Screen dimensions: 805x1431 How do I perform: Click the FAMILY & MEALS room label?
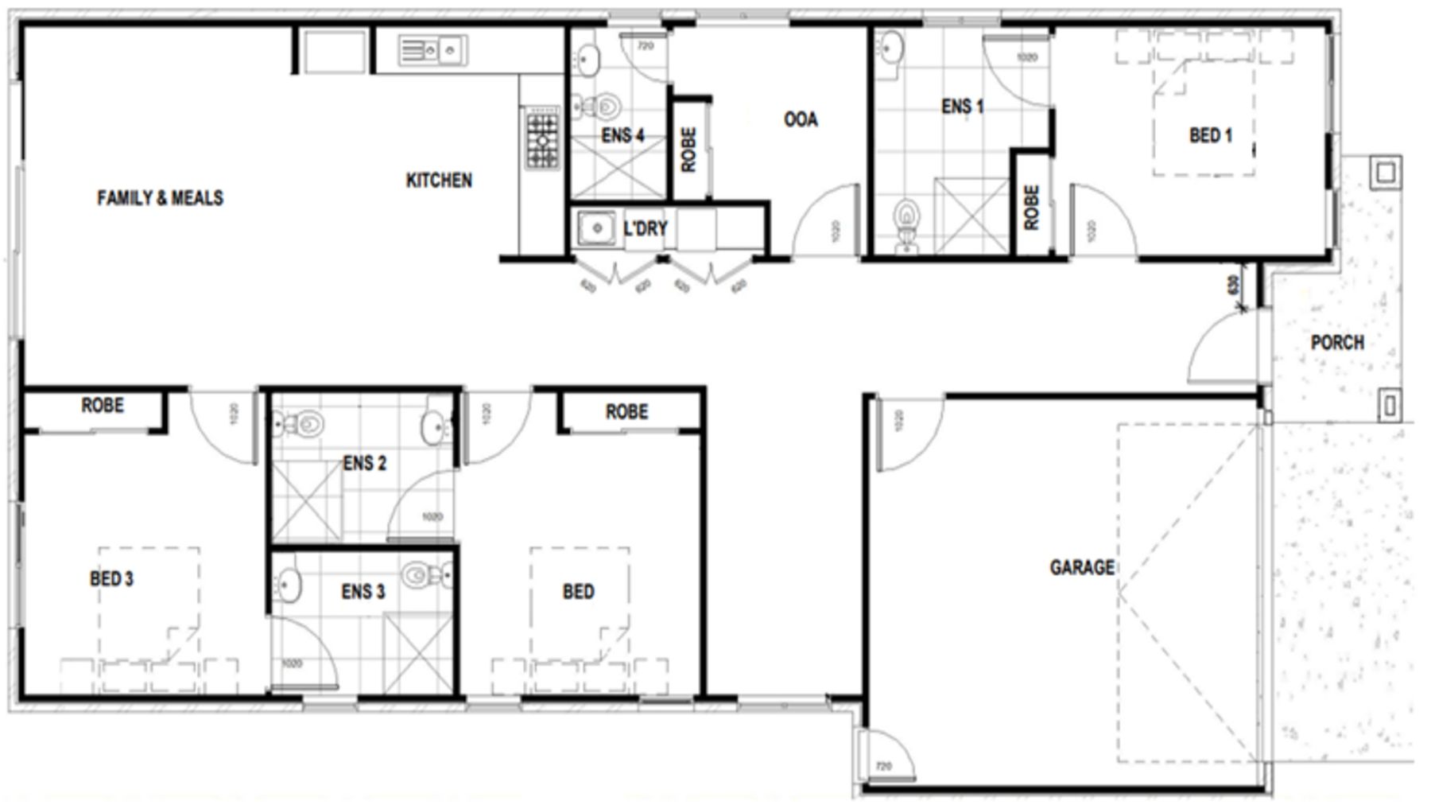click(160, 198)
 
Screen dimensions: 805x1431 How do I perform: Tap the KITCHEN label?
click(439, 181)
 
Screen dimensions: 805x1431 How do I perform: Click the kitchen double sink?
click(432, 52)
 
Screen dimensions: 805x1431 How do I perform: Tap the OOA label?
click(800, 119)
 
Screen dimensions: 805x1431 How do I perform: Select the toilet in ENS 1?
click(906, 219)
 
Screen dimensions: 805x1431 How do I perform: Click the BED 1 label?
click(1210, 135)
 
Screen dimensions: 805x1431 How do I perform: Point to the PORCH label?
click(1337, 343)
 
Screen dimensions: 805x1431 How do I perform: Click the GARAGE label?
click(1081, 567)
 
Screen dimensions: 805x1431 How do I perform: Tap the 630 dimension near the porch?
click(1233, 285)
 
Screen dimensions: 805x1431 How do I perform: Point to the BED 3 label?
click(111, 578)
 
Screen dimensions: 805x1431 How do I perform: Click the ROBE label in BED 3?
click(103, 406)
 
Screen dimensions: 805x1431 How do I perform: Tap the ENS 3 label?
click(363, 592)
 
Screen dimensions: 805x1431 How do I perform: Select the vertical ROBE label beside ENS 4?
click(689, 150)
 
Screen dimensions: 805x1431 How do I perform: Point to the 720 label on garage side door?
click(883, 766)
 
